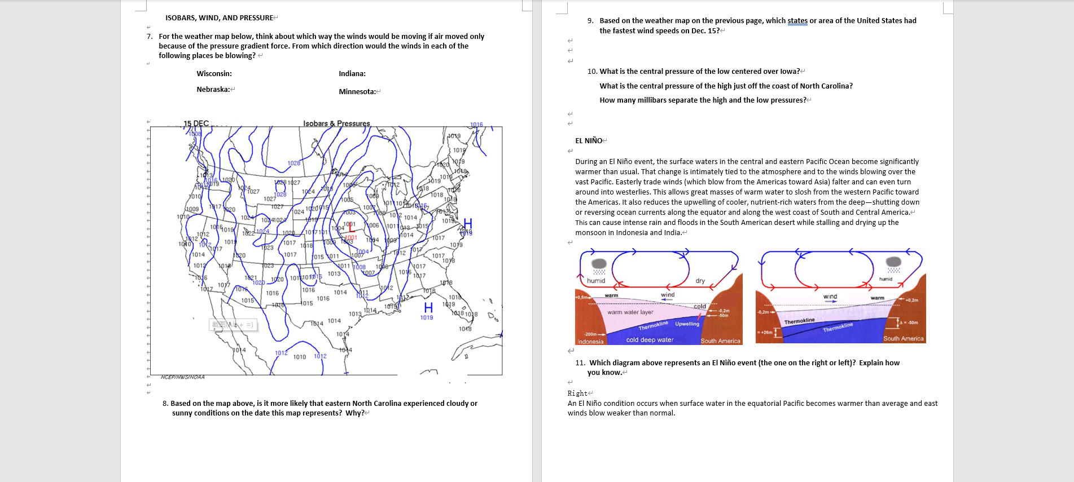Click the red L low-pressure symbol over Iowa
[x=352, y=227]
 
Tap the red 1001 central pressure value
[x=351, y=237]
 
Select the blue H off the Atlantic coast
[x=467, y=223]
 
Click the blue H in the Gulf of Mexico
[x=428, y=308]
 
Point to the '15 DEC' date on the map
[x=196, y=123]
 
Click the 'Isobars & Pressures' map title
[x=336, y=123]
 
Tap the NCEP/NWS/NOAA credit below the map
[x=182, y=377]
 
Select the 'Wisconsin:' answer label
[x=214, y=74]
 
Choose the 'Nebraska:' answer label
[x=213, y=90]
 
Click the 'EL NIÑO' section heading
[x=588, y=141]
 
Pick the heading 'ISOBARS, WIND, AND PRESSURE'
[x=219, y=18]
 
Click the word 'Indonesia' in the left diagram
[x=590, y=342]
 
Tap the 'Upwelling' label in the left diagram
[x=687, y=324]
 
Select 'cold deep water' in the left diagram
[x=650, y=340]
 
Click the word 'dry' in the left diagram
[x=700, y=281]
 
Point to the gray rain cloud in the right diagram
[x=893, y=262]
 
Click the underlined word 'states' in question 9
[x=797, y=21]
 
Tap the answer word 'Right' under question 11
[x=577, y=393]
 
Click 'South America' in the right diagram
[x=903, y=339]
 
